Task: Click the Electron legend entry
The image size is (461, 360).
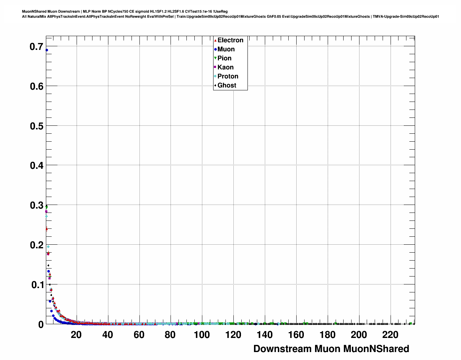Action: coord(230,40)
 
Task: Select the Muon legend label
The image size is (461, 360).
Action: coord(226,49)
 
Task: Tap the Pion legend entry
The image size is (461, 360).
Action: coord(224,58)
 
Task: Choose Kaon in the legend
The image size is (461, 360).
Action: coord(225,67)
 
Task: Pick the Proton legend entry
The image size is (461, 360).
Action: coord(228,76)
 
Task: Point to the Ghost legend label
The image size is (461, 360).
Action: coord(227,85)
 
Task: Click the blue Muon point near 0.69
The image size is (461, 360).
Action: coord(47,50)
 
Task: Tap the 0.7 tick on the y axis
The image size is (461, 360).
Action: coord(36,46)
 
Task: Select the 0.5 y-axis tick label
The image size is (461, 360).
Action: coord(36,126)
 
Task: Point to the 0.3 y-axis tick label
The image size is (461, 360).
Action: coord(36,205)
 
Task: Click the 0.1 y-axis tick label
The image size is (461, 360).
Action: coord(36,284)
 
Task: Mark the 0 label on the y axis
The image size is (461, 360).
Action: coord(41,324)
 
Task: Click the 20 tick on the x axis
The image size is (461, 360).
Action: coord(76,335)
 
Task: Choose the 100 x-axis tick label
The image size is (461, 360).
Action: coord(202,335)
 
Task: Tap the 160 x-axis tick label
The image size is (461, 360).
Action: coord(296,335)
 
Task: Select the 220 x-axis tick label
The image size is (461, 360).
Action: coord(390,335)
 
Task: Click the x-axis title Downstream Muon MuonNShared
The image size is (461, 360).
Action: coord(331,349)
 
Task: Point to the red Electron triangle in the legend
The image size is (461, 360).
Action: coord(215,40)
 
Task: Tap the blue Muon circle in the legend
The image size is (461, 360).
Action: coord(215,49)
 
